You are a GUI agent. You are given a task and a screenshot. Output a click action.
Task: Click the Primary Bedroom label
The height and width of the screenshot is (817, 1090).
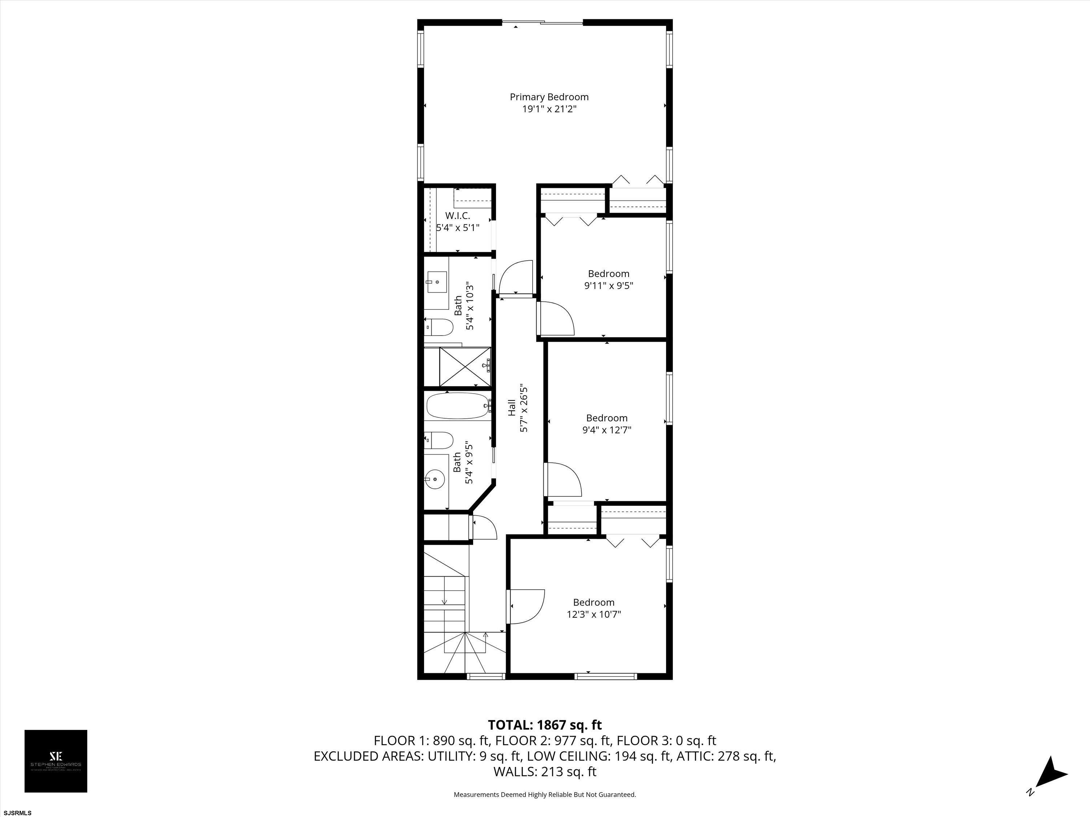[x=549, y=97]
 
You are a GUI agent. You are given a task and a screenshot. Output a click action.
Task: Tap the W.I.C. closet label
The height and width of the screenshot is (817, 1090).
[x=458, y=216]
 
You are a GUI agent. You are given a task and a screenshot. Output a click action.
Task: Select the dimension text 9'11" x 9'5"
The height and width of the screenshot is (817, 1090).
[x=609, y=286]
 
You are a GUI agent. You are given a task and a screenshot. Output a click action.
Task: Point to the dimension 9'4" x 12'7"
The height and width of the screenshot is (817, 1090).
[x=607, y=430]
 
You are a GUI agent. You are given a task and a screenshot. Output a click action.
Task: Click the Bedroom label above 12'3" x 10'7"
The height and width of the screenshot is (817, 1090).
[x=593, y=602]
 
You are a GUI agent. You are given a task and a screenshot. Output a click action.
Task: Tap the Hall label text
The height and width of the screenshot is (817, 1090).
[x=512, y=408]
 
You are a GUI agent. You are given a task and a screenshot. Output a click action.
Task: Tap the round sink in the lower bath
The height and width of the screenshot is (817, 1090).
[x=435, y=478]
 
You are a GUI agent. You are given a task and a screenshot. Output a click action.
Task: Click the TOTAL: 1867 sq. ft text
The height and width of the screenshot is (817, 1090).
[x=545, y=725]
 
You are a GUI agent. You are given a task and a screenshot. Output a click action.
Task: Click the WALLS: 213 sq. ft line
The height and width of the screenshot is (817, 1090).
[x=545, y=772]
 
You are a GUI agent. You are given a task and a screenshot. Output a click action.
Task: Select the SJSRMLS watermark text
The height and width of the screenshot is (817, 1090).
[x=17, y=813]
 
